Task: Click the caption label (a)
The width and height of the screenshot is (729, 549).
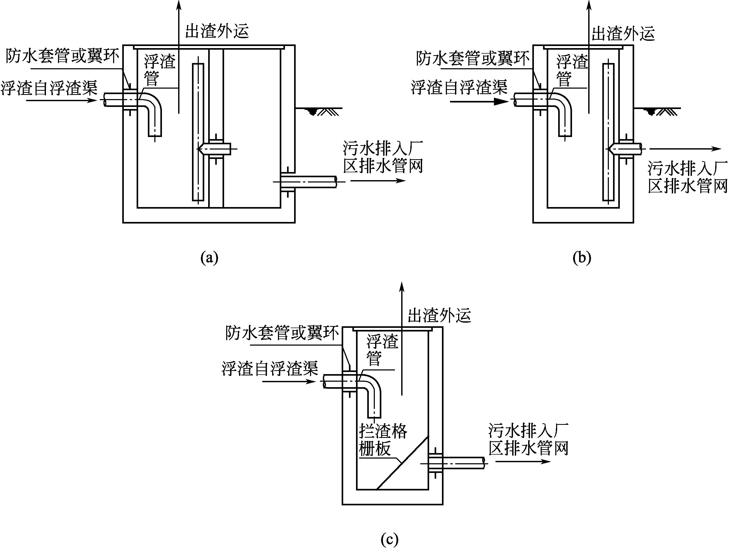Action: [209, 258]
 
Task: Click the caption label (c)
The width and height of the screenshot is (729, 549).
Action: [389, 540]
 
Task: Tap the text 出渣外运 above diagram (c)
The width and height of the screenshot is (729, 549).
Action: [439, 315]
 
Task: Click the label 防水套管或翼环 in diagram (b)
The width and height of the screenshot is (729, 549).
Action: [472, 59]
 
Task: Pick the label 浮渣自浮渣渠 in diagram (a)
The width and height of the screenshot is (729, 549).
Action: [49, 88]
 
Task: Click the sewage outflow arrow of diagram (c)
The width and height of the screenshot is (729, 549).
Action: [523, 461]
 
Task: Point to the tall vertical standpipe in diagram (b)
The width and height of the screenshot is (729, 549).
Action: [608, 132]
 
